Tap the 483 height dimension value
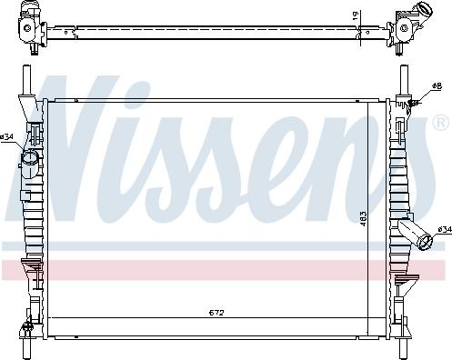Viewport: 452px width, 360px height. click(363, 219)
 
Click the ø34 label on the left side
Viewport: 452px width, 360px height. click(7, 137)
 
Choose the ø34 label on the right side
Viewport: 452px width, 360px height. click(444, 230)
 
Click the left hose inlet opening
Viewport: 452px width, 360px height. click(30, 160)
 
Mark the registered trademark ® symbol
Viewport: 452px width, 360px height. click(440, 121)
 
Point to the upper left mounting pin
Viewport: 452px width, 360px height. click(25, 80)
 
